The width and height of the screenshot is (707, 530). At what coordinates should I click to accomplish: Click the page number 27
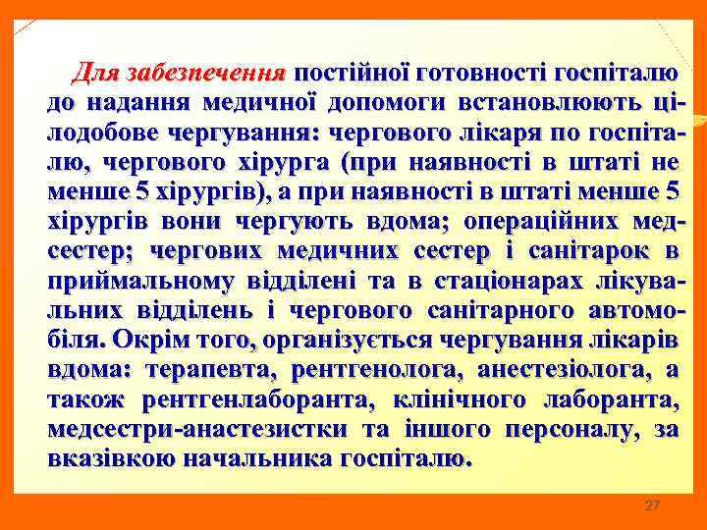[652, 505]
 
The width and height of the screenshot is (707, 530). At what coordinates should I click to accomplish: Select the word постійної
[351, 73]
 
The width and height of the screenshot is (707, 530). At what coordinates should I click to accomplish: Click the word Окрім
[144, 341]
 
